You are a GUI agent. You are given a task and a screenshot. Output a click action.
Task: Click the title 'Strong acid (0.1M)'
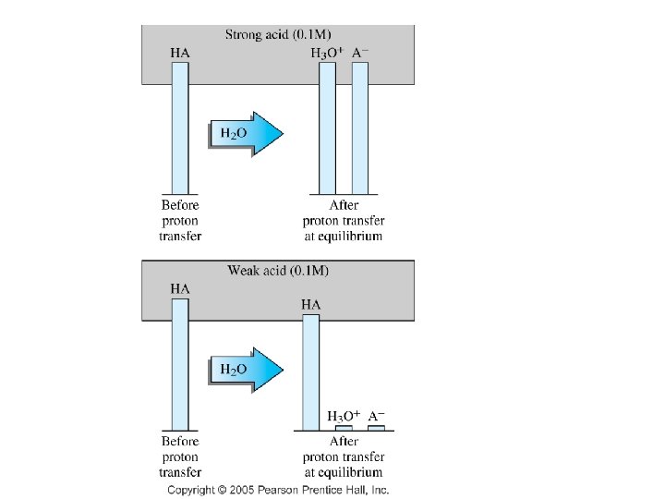pyautogui.click(x=277, y=35)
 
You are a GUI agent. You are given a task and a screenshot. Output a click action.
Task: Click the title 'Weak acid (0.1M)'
pyautogui.click(x=278, y=271)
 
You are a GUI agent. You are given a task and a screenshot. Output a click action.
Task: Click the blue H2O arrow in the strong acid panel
pyautogui.click(x=246, y=134)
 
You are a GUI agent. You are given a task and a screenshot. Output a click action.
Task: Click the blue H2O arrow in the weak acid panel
pyautogui.click(x=246, y=370)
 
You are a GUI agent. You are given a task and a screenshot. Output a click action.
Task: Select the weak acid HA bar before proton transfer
pyautogui.click(x=180, y=364)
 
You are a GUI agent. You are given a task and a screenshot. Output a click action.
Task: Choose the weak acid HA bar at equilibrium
pyautogui.click(x=311, y=372)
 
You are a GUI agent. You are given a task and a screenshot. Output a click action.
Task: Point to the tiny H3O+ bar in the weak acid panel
pyautogui.click(x=344, y=429)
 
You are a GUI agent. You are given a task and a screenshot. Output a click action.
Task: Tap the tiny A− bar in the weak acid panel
pyautogui.click(x=376, y=429)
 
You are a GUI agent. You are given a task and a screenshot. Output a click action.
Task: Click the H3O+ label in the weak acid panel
pyautogui.click(x=345, y=417)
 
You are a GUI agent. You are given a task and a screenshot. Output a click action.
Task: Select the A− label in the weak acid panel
pyautogui.click(x=377, y=417)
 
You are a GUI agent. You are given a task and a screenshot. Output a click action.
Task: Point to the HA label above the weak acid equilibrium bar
pyautogui.click(x=311, y=304)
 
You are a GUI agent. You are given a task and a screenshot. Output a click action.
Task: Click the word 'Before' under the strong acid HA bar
pyautogui.click(x=180, y=205)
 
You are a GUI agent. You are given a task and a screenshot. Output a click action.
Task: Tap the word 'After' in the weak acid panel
pyautogui.click(x=344, y=442)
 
